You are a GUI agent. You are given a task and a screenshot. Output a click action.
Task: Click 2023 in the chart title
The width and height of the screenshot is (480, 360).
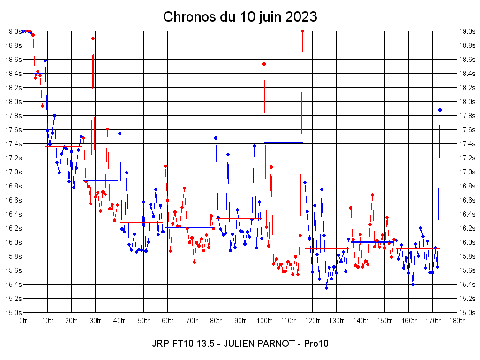click(300, 17)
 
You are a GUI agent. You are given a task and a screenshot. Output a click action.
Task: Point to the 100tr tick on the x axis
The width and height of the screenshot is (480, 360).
click(264, 321)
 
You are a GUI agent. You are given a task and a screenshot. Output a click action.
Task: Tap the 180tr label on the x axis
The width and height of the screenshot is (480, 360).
click(457, 321)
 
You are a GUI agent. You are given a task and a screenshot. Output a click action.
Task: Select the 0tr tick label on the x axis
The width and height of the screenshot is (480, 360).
click(23, 321)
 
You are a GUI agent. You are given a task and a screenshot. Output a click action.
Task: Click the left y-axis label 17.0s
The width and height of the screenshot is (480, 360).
click(14, 172)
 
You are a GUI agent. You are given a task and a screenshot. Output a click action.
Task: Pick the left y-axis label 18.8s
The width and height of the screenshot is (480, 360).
click(14, 45)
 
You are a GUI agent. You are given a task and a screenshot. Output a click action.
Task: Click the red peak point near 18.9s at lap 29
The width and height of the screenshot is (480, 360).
click(93, 38)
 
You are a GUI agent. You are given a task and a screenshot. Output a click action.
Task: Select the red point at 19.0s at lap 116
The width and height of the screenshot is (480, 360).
click(302, 31)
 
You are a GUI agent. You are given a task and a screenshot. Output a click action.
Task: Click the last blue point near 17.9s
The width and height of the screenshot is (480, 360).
click(440, 110)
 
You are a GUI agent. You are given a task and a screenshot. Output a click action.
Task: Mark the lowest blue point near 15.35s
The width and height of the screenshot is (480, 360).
click(326, 288)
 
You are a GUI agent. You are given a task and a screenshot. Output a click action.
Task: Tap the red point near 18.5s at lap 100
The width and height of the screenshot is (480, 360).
click(264, 64)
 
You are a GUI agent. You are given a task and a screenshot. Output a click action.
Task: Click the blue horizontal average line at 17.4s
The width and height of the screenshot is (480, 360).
click(283, 142)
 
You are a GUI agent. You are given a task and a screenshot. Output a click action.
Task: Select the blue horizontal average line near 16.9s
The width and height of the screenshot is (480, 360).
click(100, 180)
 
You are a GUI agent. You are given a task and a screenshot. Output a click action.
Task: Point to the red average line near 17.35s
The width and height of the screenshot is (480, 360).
click(63, 146)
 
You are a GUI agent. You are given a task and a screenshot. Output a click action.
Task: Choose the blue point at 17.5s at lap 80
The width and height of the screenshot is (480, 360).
click(216, 138)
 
